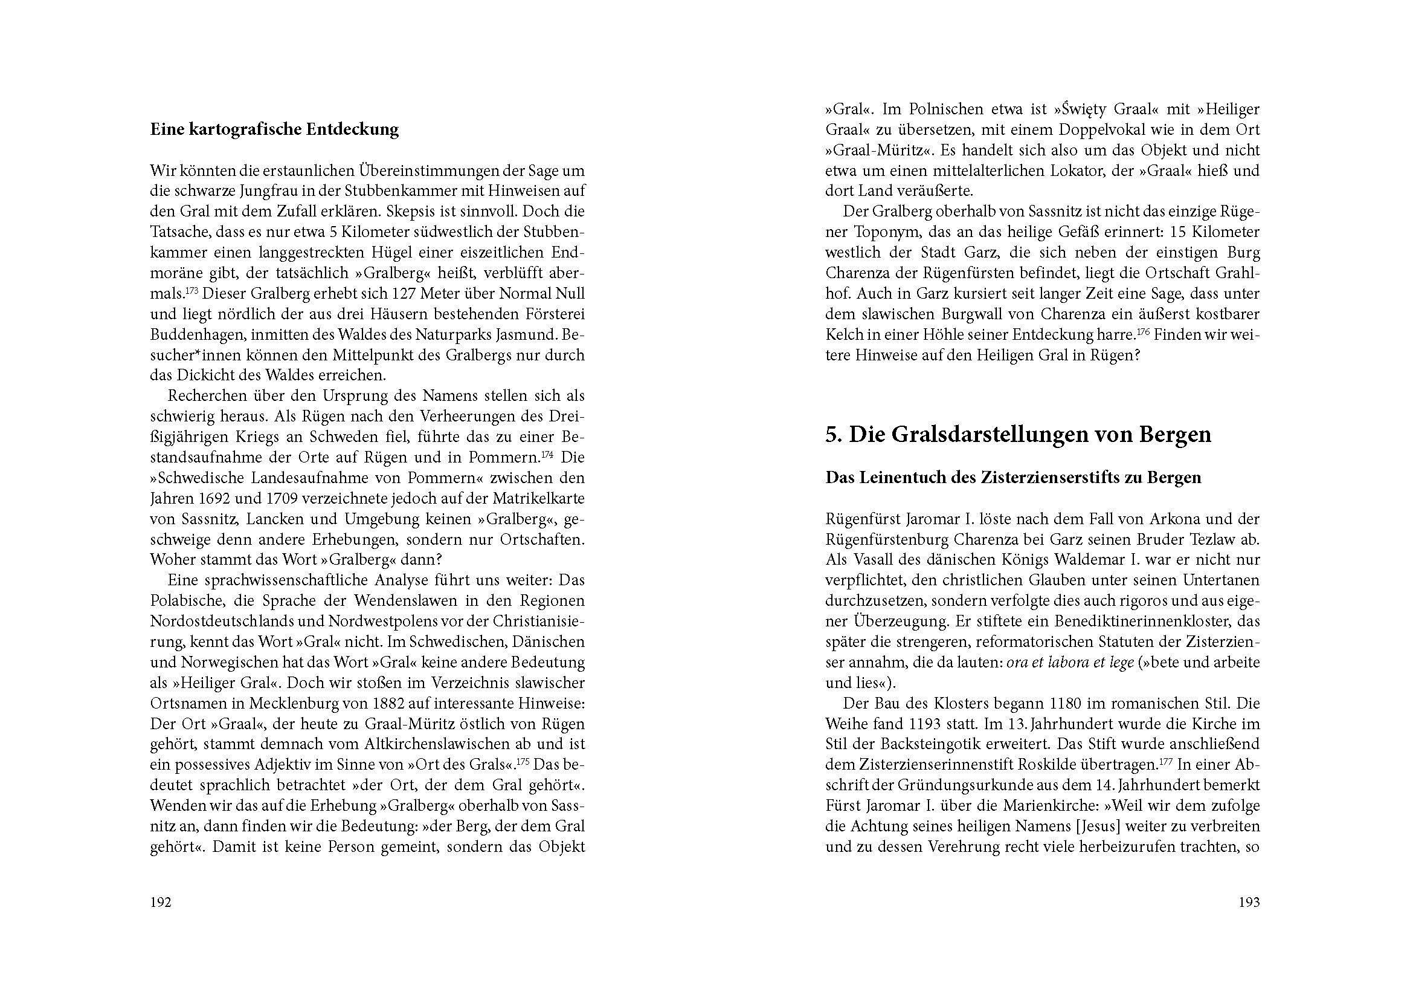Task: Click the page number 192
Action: (161, 902)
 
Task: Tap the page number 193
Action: (1249, 902)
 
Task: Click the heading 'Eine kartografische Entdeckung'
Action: (274, 129)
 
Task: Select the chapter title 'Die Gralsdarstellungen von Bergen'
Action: (1018, 434)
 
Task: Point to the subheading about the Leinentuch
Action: (1013, 477)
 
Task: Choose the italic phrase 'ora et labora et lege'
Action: (1072, 663)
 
